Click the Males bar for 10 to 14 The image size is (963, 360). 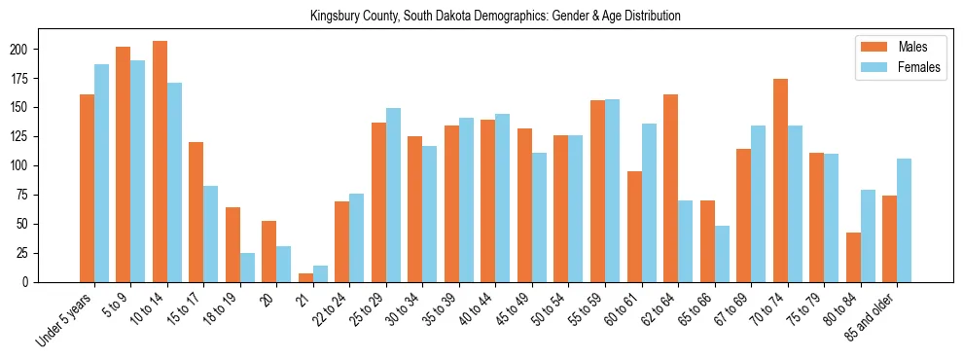pyautogui.click(x=160, y=162)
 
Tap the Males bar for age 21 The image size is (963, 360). pyautogui.click(x=305, y=277)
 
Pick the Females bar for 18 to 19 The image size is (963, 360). pyautogui.click(x=247, y=268)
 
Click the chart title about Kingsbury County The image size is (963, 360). pyautogui.click(x=495, y=16)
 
